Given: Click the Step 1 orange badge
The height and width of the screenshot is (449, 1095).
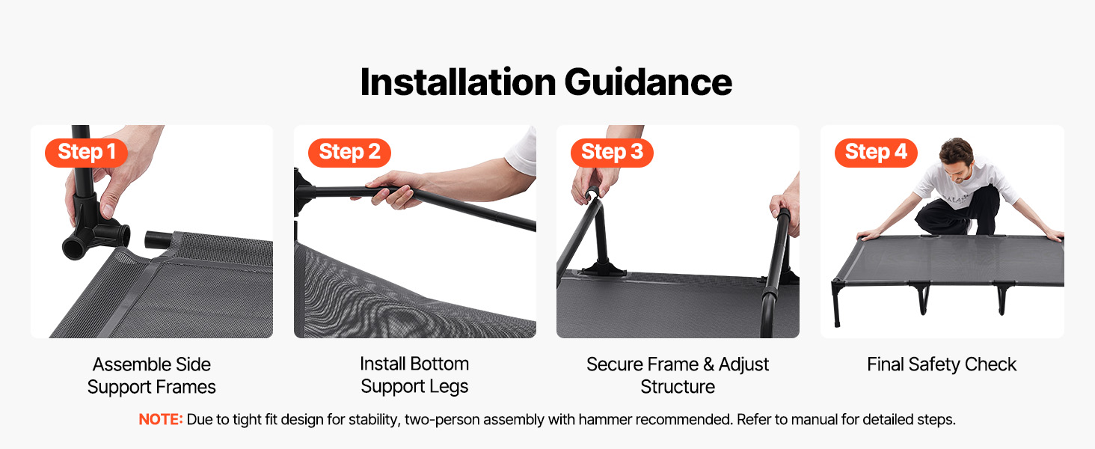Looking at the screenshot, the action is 86,153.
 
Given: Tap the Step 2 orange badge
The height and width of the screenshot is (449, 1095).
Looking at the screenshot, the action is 349,153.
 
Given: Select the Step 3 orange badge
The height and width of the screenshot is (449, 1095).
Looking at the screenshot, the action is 612,153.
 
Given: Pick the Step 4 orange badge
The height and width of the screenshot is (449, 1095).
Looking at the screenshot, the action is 876,153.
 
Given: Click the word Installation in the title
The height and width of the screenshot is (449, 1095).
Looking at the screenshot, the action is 458,82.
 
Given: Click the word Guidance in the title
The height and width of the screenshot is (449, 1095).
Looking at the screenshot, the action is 648,82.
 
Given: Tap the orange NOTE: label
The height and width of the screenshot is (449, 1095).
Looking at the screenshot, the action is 160,419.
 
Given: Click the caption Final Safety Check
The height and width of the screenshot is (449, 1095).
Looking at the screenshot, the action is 942,364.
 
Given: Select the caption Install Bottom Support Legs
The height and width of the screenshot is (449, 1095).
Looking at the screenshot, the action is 414,375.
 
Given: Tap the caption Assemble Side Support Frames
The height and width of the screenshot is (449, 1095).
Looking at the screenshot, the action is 152,376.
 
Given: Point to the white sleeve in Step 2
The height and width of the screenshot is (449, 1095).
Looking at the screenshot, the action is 521,153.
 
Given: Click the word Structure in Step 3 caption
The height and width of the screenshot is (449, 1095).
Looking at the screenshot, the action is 678,387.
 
